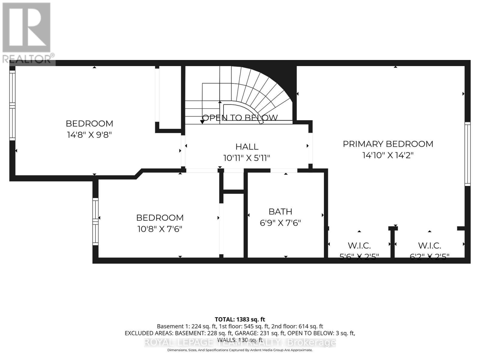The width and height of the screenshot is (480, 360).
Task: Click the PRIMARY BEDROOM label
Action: coord(388,144)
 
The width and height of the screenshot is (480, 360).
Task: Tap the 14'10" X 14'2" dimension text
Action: coord(388,155)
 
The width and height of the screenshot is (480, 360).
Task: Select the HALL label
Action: coord(247,147)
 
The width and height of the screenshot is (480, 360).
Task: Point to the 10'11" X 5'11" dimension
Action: coord(247,158)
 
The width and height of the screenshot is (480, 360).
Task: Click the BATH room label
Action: coord(280,212)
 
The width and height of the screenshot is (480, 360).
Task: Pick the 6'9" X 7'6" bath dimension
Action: coord(280,223)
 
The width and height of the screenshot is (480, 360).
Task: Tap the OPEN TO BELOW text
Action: coord(240,118)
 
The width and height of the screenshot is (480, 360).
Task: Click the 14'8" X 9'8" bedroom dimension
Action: coord(89,135)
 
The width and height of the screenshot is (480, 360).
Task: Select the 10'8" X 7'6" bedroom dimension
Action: coord(160,229)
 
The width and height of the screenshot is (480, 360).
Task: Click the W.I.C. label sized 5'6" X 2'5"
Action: coord(359,246)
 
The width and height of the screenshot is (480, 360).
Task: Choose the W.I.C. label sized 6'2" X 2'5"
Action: coord(429,246)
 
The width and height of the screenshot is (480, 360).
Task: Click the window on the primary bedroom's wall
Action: coord(467,154)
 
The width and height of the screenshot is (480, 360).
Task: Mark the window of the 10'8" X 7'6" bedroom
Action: coord(95,221)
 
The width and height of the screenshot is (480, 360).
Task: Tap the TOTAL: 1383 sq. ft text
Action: coord(240,319)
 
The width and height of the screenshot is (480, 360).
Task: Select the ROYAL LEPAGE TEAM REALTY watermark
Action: coord(240,342)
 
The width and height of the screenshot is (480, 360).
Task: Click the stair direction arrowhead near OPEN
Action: coord(202,121)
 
